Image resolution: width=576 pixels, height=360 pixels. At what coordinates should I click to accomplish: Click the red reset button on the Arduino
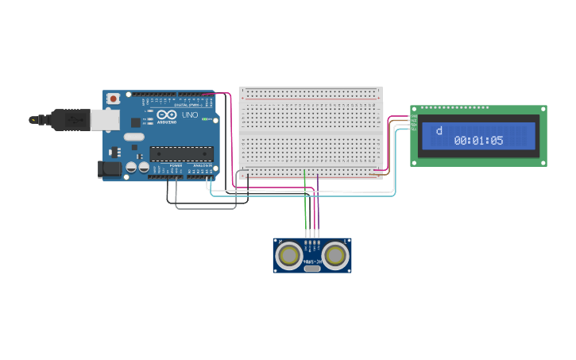click(x=114, y=98)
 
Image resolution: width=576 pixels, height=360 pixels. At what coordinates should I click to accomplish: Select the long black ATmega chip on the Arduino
click(x=182, y=153)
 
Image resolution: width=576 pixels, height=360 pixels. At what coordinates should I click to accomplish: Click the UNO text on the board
click(x=190, y=115)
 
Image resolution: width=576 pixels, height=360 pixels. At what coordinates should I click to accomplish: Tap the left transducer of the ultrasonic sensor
click(x=288, y=254)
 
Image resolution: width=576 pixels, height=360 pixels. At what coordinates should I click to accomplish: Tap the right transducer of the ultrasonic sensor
click(x=336, y=254)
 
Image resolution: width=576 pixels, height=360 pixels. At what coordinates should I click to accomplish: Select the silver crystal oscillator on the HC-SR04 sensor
click(x=312, y=268)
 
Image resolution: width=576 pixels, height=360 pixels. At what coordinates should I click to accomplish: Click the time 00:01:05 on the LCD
click(x=478, y=141)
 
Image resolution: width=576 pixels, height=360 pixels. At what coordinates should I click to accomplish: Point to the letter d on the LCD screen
click(x=439, y=130)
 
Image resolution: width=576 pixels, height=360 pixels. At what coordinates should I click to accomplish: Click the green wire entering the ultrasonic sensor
click(x=305, y=215)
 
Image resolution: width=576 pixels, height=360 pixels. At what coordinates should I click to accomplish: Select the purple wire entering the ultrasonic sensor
click(x=319, y=215)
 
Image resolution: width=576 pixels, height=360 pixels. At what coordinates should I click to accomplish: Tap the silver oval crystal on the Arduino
click(x=134, y=137)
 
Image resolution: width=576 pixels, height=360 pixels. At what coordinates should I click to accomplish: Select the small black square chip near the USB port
click(x=135, y=122)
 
